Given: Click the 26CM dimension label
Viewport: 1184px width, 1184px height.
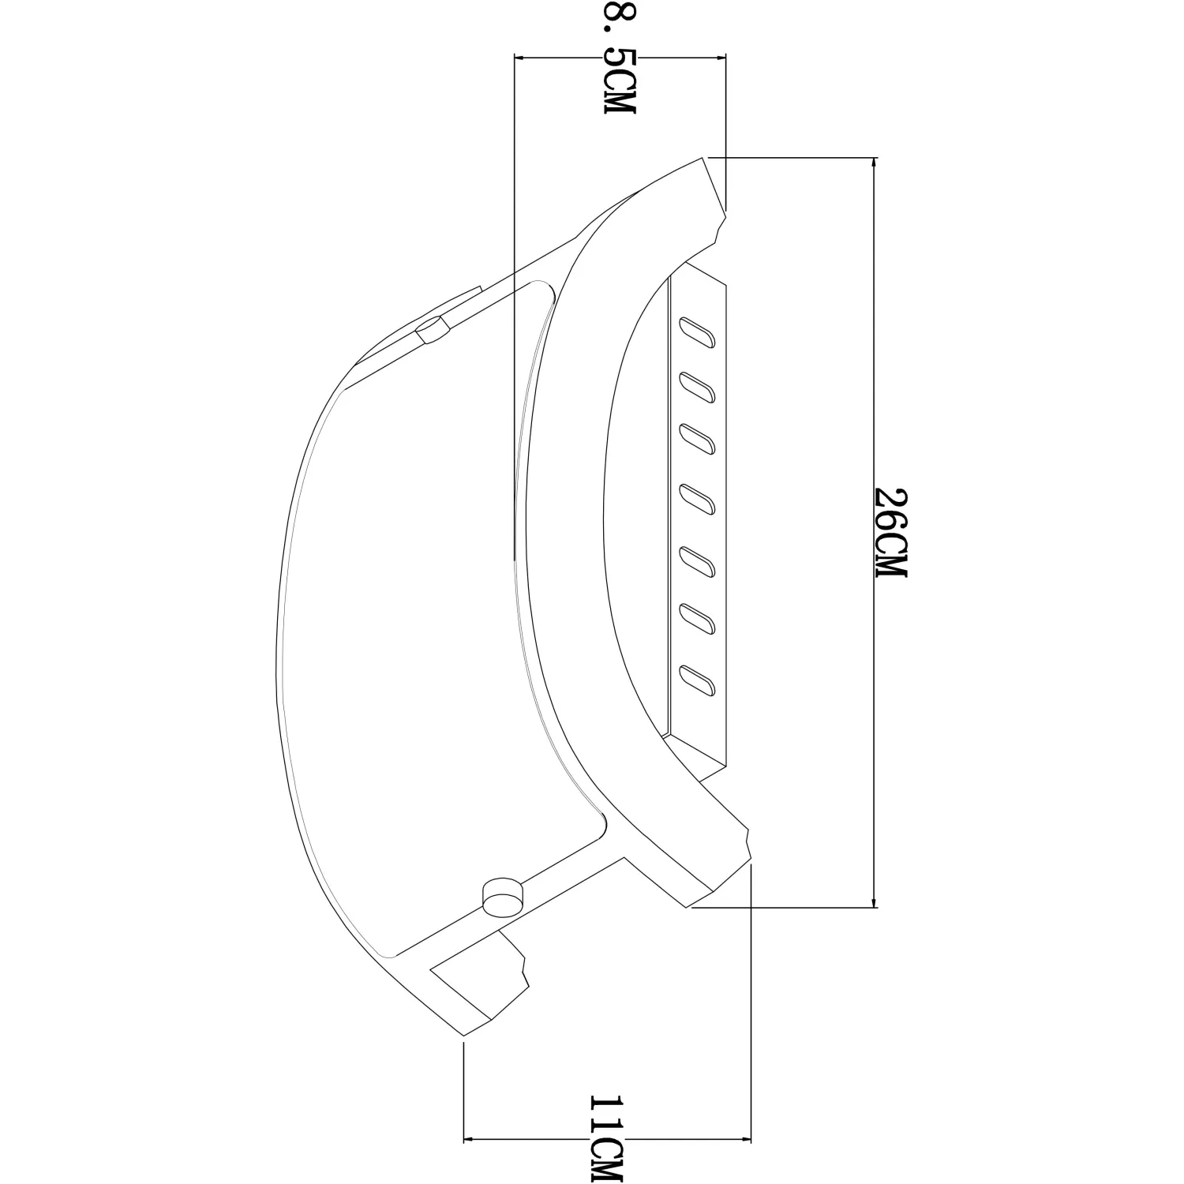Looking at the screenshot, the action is [892, 533].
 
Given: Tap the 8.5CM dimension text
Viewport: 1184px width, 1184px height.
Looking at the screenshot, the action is [620, 57].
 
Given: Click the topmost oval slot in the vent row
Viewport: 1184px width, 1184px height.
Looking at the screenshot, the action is [699, 332].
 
